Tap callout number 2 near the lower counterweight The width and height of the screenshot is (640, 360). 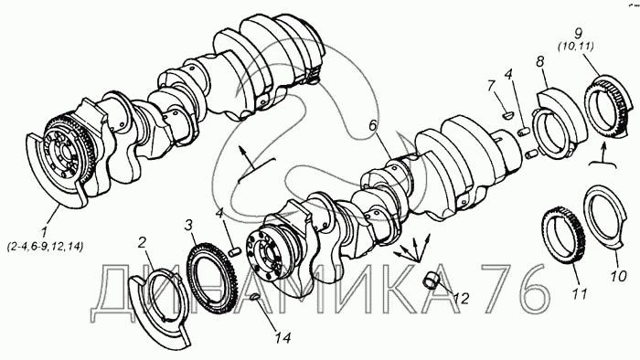142,243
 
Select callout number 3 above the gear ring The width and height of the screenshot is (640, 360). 188,226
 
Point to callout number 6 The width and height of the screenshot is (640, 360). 372,126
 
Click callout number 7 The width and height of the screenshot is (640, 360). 491,86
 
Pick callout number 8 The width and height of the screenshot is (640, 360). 539,62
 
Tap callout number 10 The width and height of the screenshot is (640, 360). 618,277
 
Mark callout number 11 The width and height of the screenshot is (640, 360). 580,294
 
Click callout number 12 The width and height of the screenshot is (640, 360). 461,299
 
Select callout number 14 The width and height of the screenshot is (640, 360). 283,337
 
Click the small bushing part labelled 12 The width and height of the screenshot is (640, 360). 431,280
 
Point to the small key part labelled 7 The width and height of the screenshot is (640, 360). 507,115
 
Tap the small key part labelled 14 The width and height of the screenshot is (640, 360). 255,296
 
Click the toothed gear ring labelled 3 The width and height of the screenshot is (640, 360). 208,278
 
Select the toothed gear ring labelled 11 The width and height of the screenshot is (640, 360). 562,236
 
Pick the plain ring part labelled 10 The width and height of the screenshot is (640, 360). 604,219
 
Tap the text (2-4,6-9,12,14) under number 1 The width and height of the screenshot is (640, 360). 46,247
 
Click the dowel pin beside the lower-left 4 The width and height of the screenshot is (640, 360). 234,252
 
